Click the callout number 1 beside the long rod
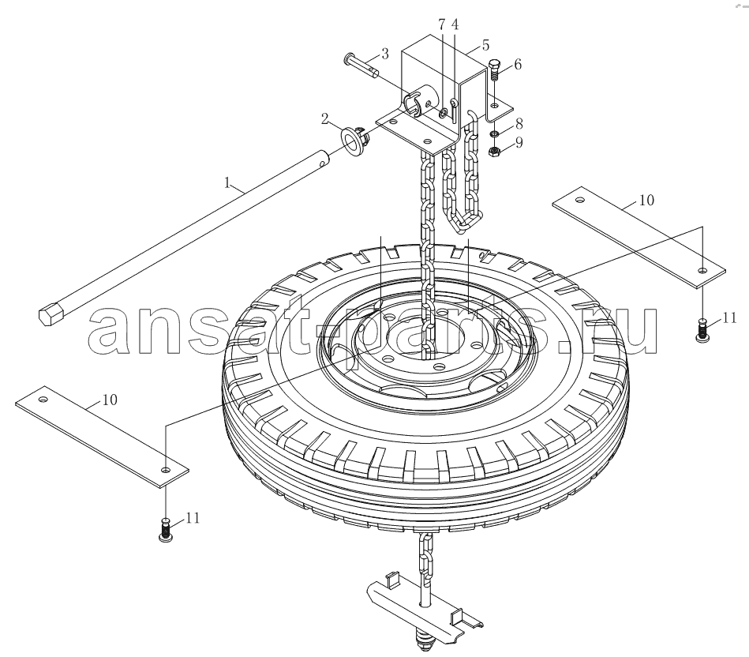(x=228, y=182)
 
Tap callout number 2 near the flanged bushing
(x=325, y=118)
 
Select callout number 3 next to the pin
(x=384, y=54)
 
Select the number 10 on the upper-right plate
(x=646, y=200)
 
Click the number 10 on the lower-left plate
(x=110, y=400)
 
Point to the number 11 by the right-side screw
(x=729, y=317)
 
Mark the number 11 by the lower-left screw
(x=193, y=518)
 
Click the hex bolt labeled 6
(x=494, y=70)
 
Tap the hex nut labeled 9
(x=494, y=152)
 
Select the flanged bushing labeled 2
(x=354, y=140)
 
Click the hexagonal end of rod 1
(x=51, y=315)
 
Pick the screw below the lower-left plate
(x=165, y=531)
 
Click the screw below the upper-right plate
(x=702, y=330)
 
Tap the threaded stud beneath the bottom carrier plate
(x=423, y=640)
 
